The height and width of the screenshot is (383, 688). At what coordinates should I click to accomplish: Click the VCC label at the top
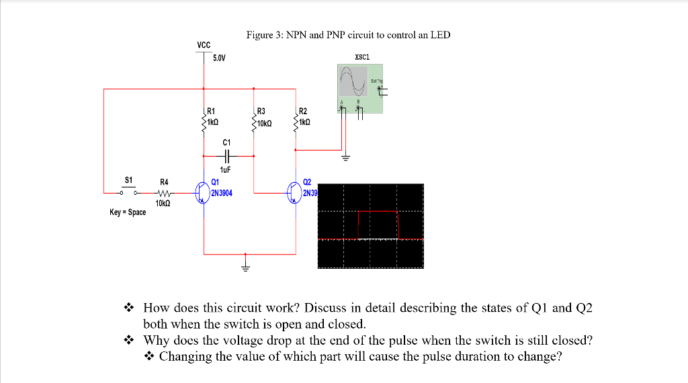click(x=204, y=45)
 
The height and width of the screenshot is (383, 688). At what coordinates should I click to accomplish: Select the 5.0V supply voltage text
click(x=219, y=58)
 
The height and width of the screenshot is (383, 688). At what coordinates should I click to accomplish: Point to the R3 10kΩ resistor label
click(x=260, y=118)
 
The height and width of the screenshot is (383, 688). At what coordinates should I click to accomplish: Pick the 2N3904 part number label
click(x=221, y=193)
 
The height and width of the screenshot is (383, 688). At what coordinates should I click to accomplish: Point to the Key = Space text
click(x=128, y=212)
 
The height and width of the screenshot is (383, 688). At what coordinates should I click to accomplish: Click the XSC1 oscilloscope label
click(x=361, y=57)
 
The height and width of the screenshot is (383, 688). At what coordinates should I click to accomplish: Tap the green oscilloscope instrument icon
click(x=359, y=87)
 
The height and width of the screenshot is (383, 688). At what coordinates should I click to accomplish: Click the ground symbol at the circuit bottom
click(x=246, y=263)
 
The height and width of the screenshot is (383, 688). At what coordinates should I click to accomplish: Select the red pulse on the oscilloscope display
click(x=378, y=212)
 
